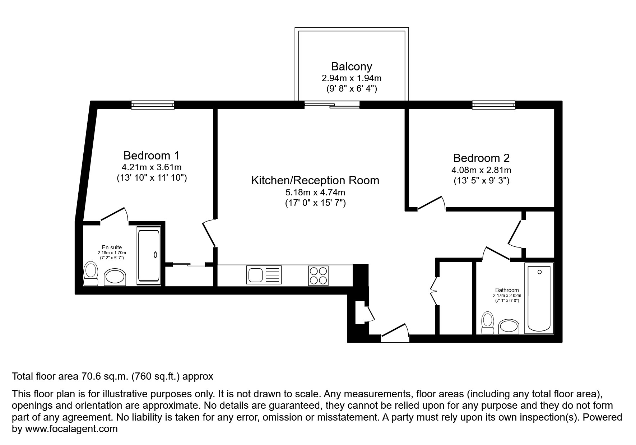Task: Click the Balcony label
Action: point(351,66)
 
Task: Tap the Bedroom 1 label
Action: point(151,156)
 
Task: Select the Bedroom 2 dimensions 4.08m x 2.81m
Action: point(481,170)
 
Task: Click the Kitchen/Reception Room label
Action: point(315,180)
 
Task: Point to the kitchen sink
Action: point(264,275)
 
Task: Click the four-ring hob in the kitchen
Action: point(318,275)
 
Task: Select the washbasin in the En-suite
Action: point(115,278)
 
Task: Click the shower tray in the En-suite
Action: point(149,256)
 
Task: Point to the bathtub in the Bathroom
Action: point(539,298)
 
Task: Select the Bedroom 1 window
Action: point(153,105)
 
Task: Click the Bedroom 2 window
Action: point(494,105)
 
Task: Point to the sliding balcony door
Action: point(332,105)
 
